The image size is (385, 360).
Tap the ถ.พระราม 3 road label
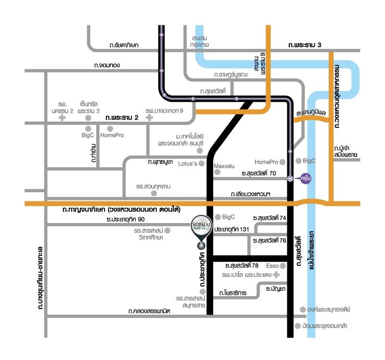click(305, 45)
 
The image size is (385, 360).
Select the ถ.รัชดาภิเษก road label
click(123, 45)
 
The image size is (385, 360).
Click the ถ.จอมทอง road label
click(106, 65)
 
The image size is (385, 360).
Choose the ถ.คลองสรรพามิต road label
click(150, 311)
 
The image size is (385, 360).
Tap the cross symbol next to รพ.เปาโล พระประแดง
click(276, 275)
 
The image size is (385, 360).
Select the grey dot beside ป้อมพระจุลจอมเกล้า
click(296, 326)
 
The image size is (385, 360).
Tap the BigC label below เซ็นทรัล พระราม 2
click(88, 136)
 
